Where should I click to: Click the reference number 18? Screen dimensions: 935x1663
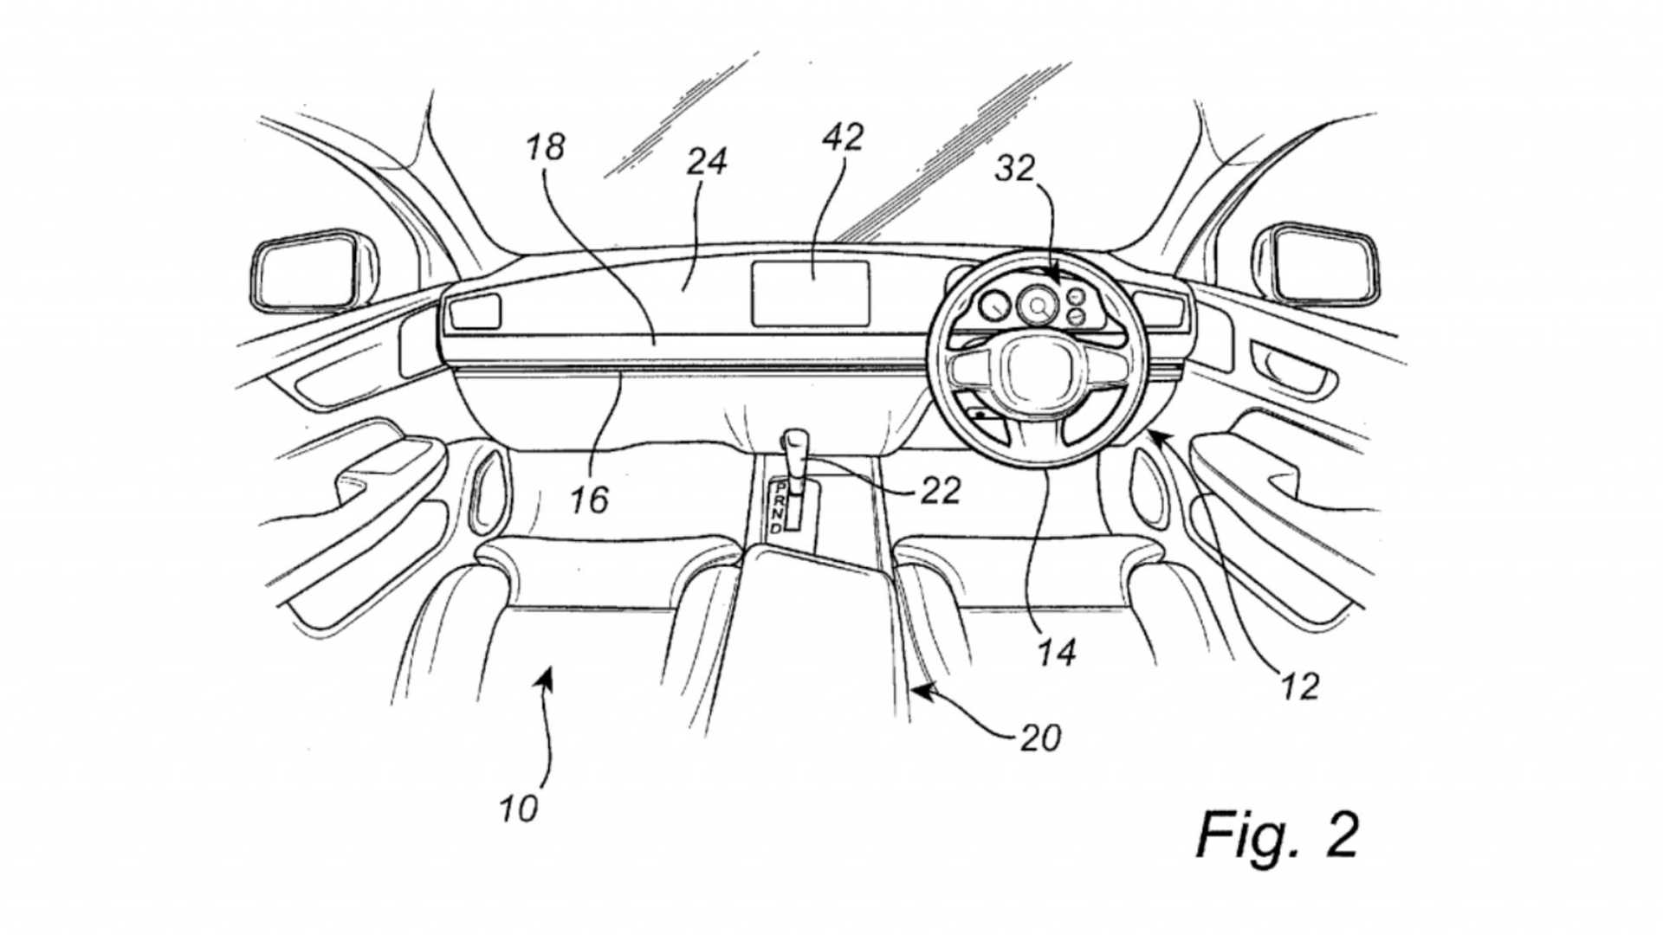546,147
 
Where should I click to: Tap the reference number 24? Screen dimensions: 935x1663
706,162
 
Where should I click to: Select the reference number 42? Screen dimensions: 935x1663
843,137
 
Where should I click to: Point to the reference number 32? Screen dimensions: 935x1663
1014,168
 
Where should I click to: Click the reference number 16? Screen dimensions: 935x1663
589,500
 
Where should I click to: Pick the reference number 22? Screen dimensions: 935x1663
940,492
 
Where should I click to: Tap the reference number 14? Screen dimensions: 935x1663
1057,652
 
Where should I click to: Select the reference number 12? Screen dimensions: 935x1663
1299,687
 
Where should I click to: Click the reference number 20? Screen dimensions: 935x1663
1040,738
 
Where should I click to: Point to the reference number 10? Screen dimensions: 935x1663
518,809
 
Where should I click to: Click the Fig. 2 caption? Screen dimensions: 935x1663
1277,835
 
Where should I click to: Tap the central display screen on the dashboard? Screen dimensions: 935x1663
810,293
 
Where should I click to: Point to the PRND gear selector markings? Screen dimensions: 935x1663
780,507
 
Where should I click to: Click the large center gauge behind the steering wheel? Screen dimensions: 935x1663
1037,306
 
